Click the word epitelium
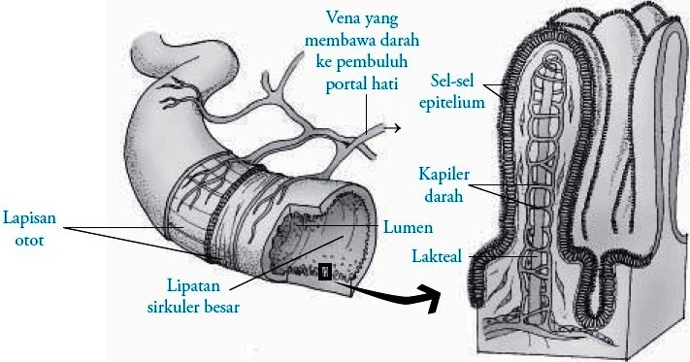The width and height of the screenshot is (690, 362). pos(454,102)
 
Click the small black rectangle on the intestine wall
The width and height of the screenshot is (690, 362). pos(325,271)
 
